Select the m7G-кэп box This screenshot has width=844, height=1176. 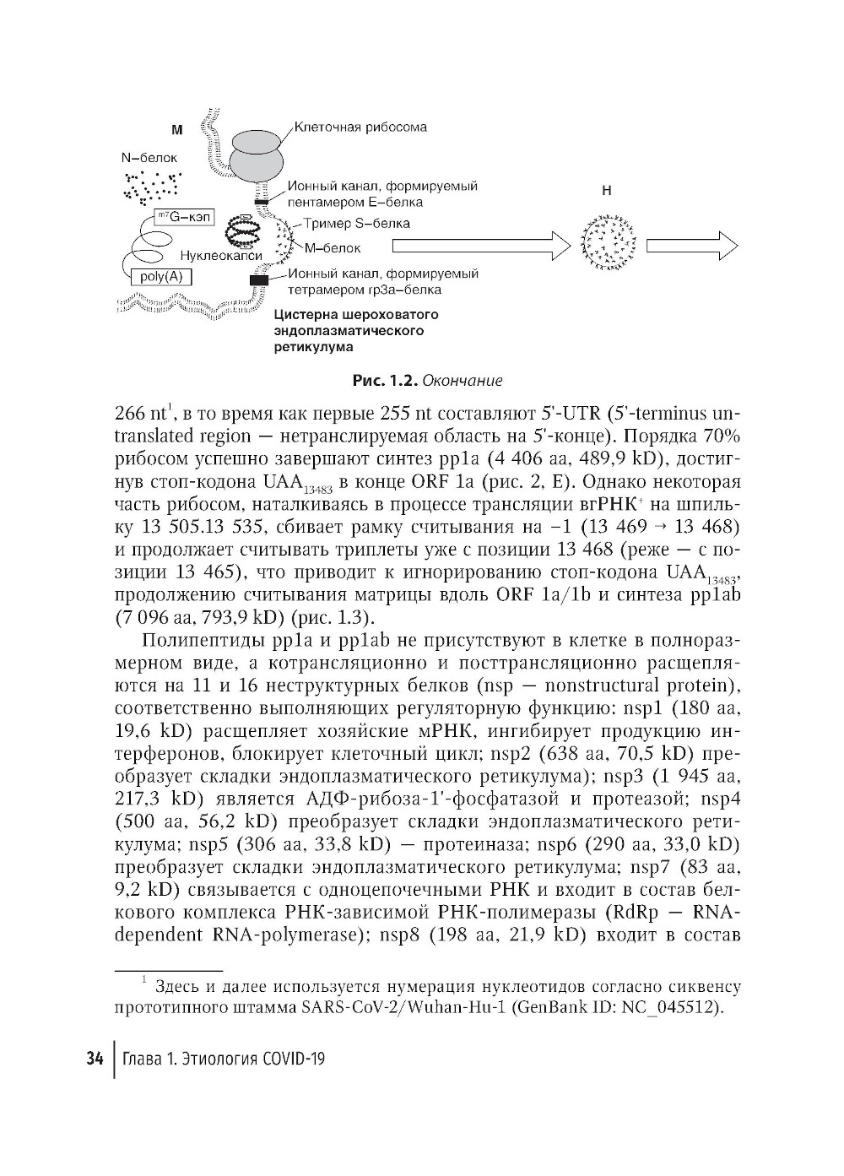pyautogui.click(x=185, y=218)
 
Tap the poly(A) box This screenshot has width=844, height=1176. pyautogui.click(x=160, y=277)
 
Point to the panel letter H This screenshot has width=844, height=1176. pyautogui.click(x=606, y=192)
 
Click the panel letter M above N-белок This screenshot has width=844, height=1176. pyautogui.click(x=176, y=130)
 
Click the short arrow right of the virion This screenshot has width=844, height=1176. pyautogui.click(x=691, y=246)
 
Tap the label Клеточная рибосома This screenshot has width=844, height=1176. pyautogui.click(x=360, y=127)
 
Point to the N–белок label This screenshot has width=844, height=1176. pyautogui.click(x=149, y=158)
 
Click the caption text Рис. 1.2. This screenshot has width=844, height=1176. pyautogui.click(x=384, y=381)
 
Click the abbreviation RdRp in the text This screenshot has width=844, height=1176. pyautogui.click(x=639, y=913)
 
